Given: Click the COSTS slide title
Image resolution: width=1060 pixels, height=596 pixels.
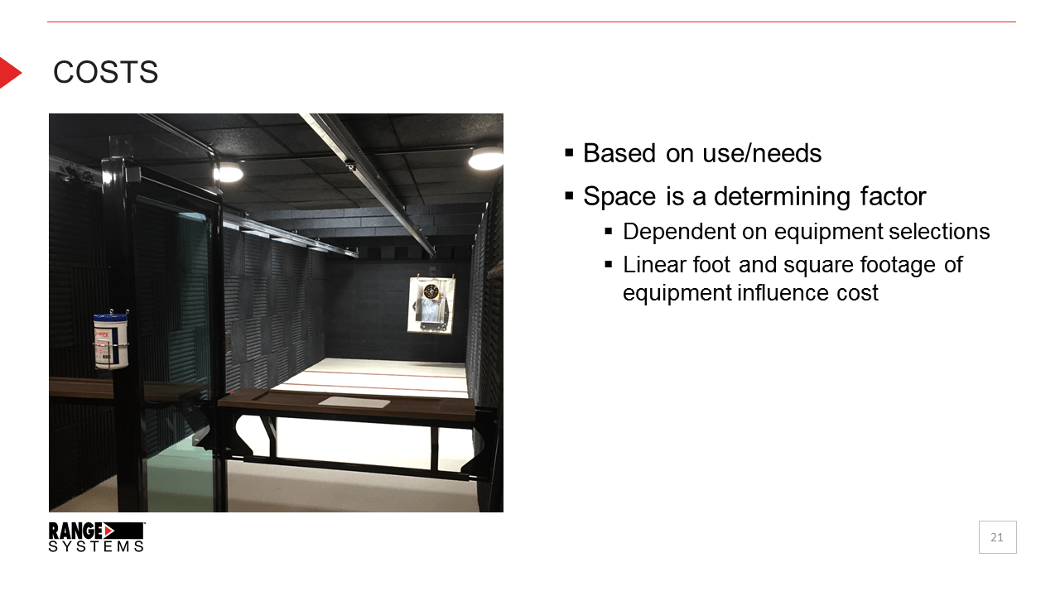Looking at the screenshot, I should (x=105, y=73).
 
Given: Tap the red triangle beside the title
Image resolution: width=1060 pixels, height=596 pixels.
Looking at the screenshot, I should (x=9, y=73).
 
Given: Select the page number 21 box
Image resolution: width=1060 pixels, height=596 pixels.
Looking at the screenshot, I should (x=997, y=537).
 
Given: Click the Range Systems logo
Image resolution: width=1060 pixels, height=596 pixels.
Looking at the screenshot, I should (x=96, y=536).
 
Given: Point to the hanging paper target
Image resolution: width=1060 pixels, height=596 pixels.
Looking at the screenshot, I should (x=431, y=305).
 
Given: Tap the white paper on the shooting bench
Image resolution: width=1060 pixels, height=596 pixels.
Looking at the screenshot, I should (x=354, y=402).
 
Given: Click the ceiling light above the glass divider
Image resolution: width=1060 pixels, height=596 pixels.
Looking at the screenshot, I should (x=228, y=172).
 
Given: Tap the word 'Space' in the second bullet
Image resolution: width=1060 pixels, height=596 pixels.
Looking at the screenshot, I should (x=619, y=197).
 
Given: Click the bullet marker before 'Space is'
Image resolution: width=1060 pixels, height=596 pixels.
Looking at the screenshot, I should (x=569, y=196).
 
